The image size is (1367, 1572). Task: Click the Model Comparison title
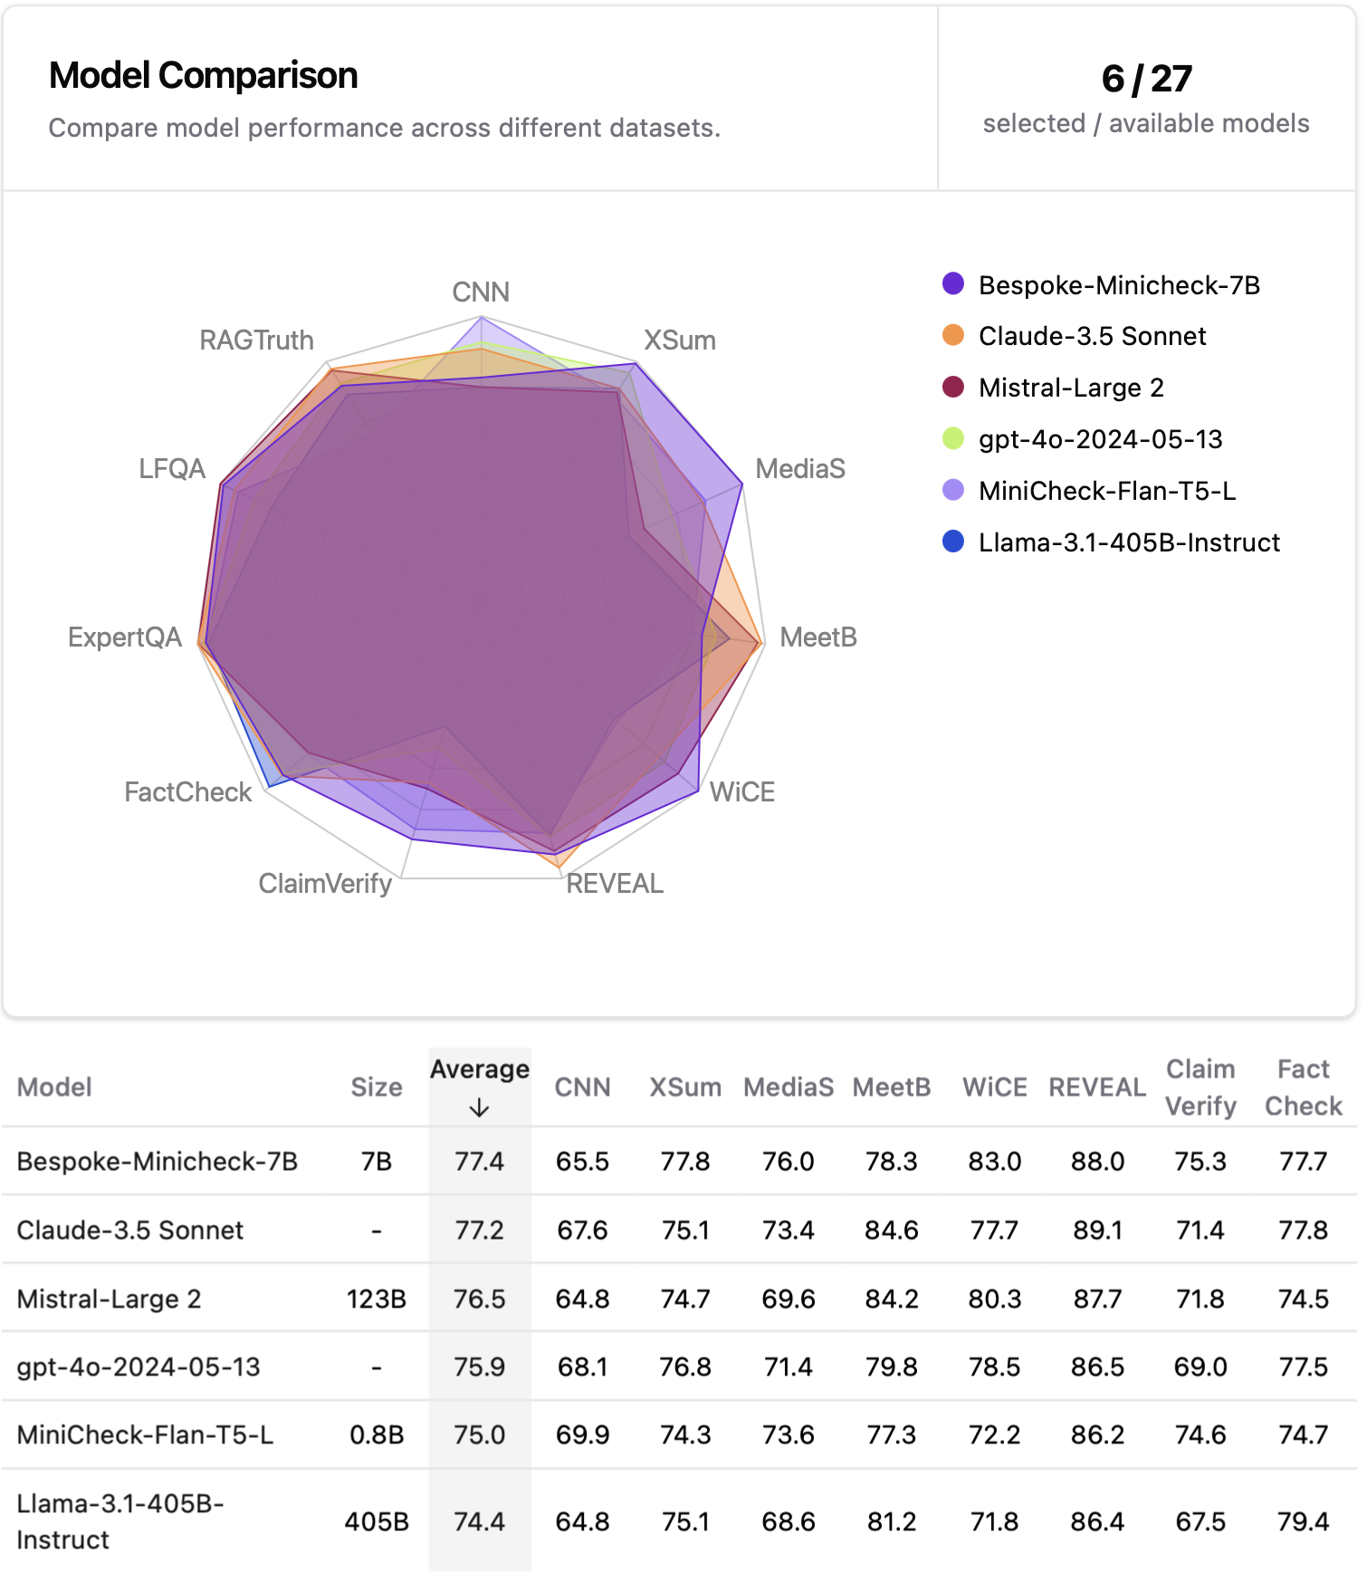click(x=203, y=75)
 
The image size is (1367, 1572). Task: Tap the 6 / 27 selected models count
click(x=1146, y=79)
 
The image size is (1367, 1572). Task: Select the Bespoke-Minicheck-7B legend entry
click(x=1119, y=285)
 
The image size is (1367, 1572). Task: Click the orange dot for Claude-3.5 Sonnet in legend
click(x=953, y=336)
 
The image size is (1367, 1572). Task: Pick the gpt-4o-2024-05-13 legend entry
click(x=1100, y=439)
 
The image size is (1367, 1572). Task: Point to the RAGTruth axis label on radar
click(x=256, y=340)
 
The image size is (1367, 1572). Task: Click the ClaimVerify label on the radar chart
click(x=325, y=884)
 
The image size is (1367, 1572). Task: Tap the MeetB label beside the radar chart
click(x=818, y=637)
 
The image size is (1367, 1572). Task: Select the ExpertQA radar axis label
click(x=125, y=637)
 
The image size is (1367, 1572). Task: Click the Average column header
click(x=479, y=1069)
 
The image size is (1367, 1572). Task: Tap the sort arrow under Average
click(x=479, y=1108)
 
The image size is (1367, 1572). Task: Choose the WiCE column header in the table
click(x=994, y=1087)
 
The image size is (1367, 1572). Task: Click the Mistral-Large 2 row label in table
click(x=109, y=1299)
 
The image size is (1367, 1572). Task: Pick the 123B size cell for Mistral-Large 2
click(x=376, y=1299)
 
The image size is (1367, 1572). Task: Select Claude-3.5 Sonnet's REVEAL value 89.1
click(x=1097, y=1230)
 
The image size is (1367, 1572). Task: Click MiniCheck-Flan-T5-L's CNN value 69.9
click(x=582, y=1434)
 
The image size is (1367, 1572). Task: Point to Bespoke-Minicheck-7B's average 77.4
click(x=479, y=1161)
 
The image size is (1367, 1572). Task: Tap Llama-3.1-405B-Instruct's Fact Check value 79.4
click(x=1303, y=1521)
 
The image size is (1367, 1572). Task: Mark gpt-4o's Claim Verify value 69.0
click(x=1200, y=1366)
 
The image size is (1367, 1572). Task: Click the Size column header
click(x=376, y=1087)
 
